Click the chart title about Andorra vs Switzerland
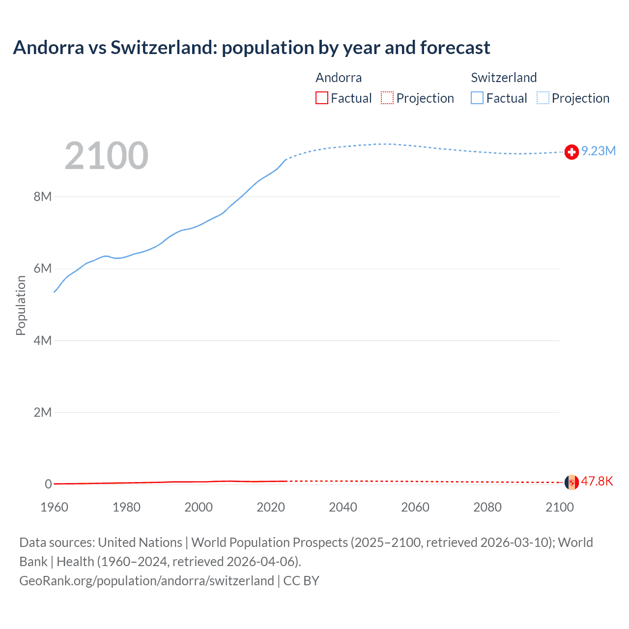251,48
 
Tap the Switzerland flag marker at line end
572,152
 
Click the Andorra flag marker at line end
572,482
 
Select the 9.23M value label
599,151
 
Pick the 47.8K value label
597,481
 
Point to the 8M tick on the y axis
43,197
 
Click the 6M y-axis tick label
43,268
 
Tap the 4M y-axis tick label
43,341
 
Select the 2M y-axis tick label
43,412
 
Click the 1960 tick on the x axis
54,507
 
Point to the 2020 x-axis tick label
271,507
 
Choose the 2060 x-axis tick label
415,507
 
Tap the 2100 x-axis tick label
559,507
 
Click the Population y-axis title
21,305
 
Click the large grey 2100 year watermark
106,156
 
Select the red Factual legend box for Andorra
322,98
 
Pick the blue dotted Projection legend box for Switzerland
543,98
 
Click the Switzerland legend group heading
504,78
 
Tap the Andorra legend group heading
339,78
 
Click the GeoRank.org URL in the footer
146,581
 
